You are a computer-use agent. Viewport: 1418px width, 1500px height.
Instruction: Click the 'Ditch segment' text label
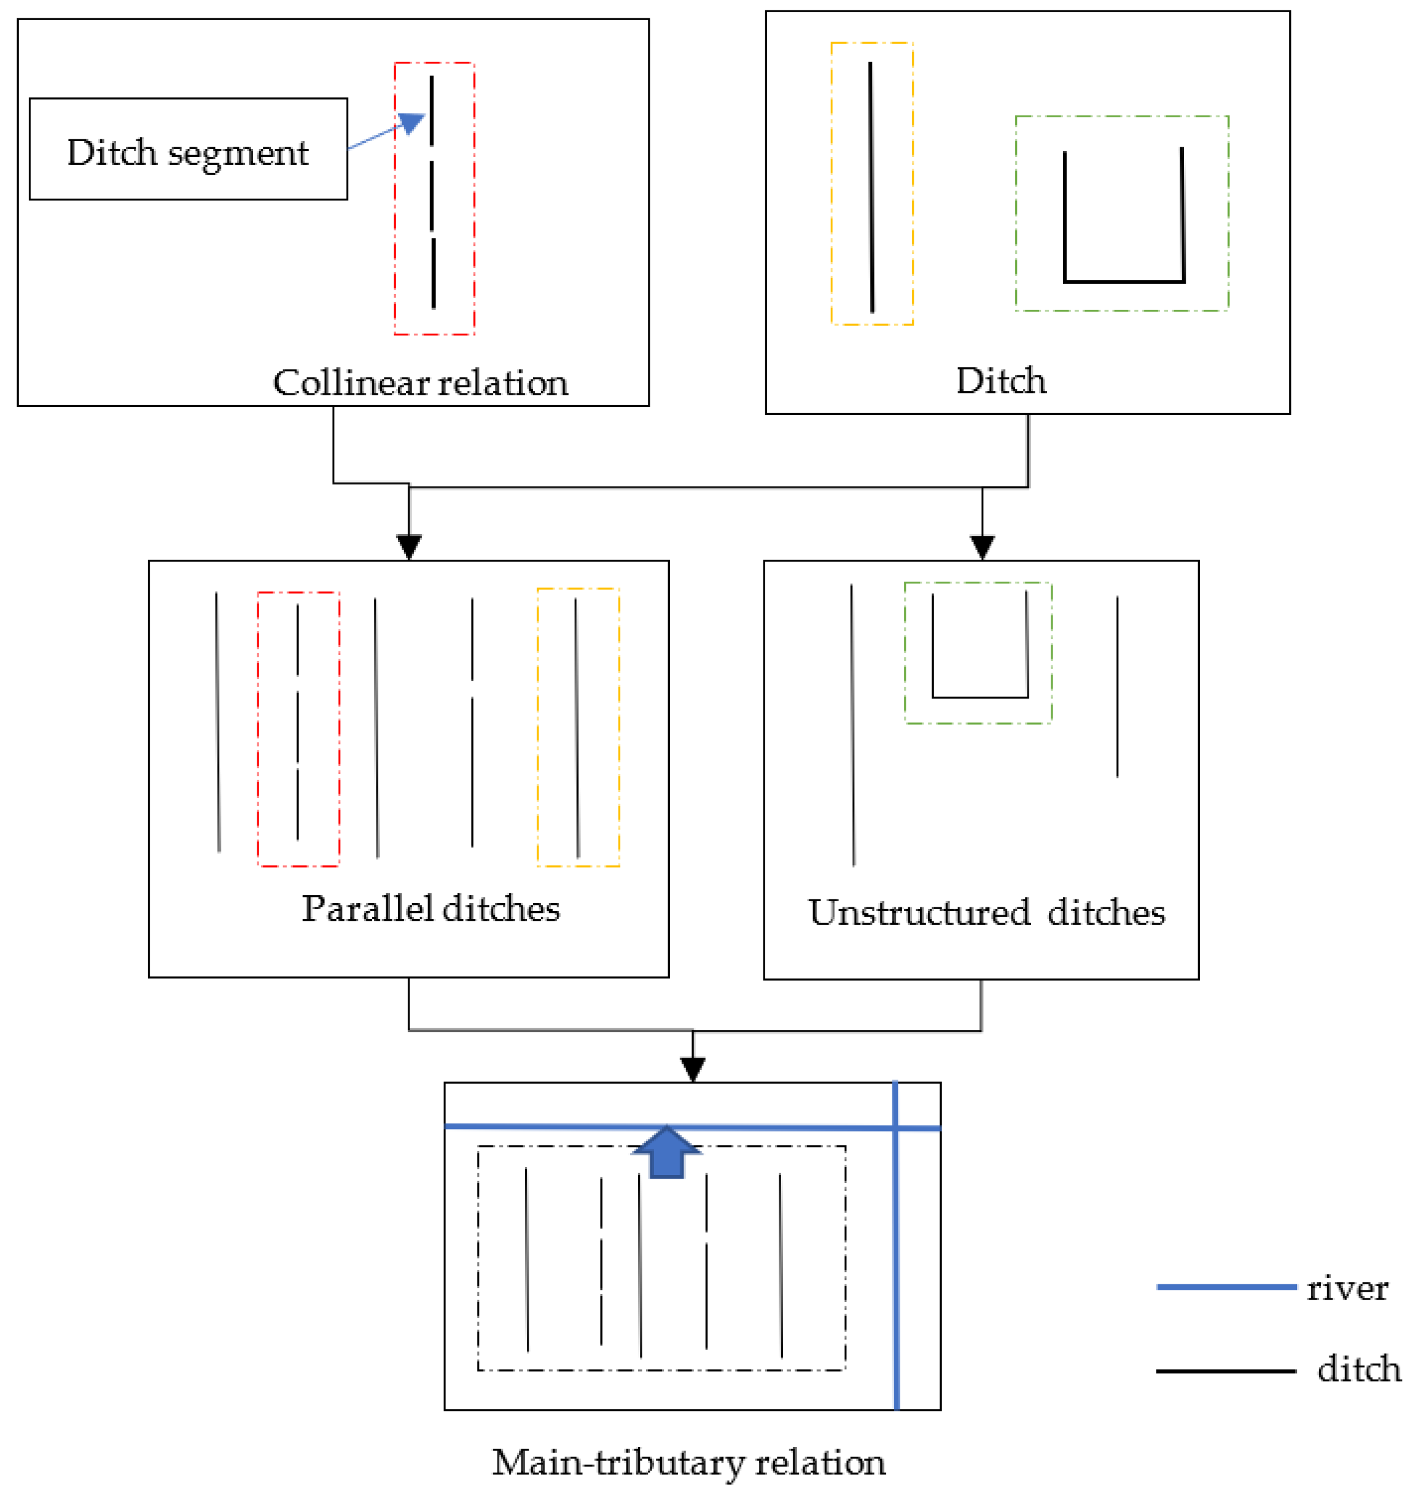click(188, 153)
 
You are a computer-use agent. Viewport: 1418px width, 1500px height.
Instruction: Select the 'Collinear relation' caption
click(421, 383)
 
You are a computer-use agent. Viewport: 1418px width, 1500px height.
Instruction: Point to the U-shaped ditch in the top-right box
click(1123, 280)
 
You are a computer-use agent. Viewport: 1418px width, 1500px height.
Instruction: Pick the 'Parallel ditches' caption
click(430, 909)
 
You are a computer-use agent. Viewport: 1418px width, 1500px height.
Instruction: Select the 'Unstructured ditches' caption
click(986, 913)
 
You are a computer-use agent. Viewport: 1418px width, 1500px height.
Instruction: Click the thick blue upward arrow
click(667, 1152)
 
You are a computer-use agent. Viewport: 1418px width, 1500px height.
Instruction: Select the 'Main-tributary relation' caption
click(689, 1462)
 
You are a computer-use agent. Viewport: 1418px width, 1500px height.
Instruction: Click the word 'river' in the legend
click(1347, 1289)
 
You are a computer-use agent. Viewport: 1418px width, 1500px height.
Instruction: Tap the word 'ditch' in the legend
click(1358, 1369)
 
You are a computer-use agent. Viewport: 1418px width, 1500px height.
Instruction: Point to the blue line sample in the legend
click(1225, 1287)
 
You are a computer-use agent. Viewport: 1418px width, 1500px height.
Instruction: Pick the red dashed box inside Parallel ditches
click(259, 729)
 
